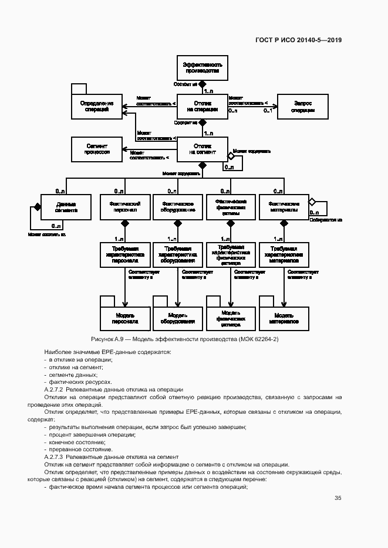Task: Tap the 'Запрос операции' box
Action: [302, 106]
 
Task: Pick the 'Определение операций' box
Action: [97, 106]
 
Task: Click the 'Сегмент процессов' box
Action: [97, 148]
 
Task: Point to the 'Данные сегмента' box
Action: [66, 206]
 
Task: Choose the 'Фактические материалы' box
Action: [284, 206]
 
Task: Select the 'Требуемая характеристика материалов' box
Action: [284, 255]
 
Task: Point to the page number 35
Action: [338, 498]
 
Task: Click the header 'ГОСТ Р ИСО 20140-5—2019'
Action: [298, 40]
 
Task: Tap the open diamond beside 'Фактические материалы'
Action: [312, 202]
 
